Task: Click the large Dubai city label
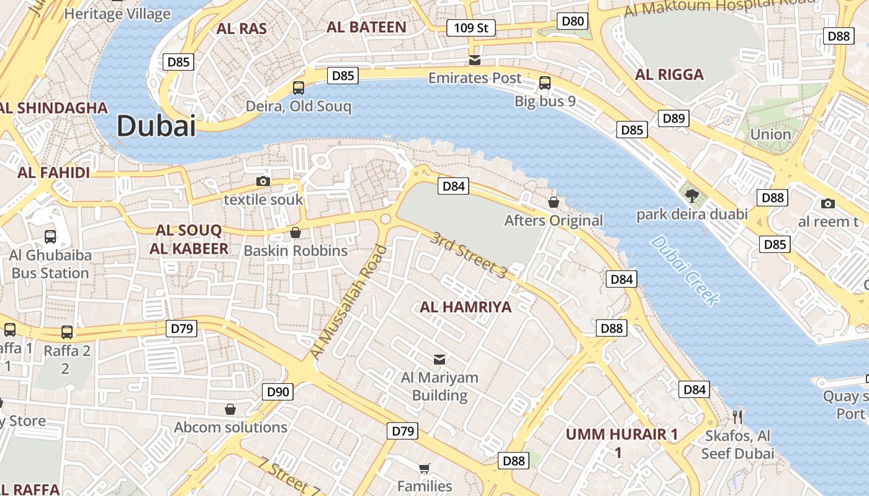[x=156, y=126]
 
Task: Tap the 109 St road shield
[x=471, y=28]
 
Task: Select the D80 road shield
[x=572, y=22]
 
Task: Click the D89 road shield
[x=673, y=118]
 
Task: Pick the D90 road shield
[x=277, y=392]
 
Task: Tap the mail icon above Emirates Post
[x=475, y=60]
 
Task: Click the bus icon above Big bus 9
[x=545, y=82]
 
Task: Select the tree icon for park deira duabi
[x=691, y=196]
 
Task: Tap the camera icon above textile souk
[x=263, y=181]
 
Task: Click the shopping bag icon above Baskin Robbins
[x=295, y=232]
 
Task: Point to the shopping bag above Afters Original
[x=553, y=202]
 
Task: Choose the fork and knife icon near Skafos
[x=737, y=416]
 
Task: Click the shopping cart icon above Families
[x=424, y=468]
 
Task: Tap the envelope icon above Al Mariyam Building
[x=439, y=359]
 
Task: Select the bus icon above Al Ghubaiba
[x=50, y=236]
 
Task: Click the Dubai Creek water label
[x=685, y=271]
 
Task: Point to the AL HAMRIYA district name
[x=466, y=307]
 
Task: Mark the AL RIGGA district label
[x=669, y=75]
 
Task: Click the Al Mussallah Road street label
[x=348, y=302]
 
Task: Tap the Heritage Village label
[x=117, y=14]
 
